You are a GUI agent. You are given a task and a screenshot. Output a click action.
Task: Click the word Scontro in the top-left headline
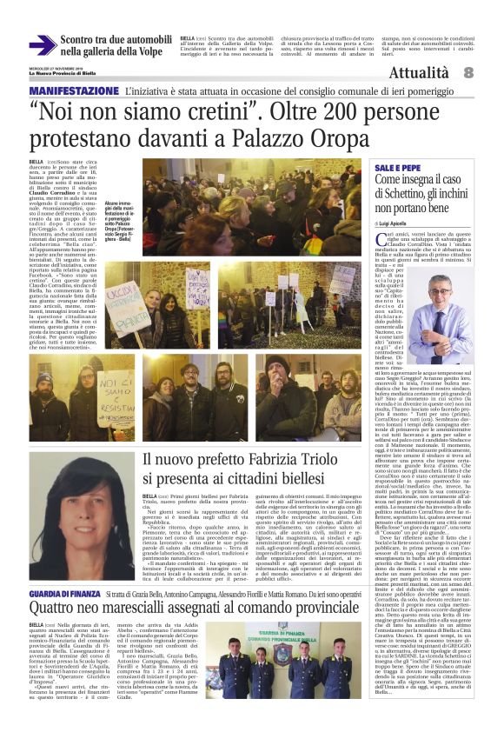83,39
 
